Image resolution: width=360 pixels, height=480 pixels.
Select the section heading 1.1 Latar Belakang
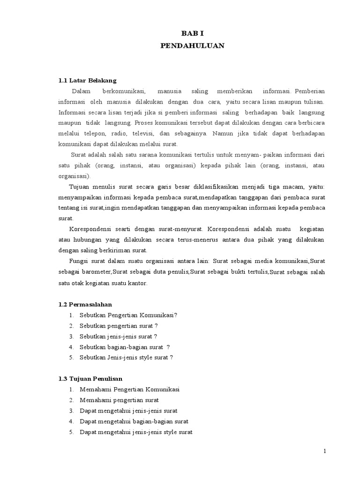pos(87,80)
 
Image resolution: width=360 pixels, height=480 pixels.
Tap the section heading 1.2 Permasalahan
pos(85,304)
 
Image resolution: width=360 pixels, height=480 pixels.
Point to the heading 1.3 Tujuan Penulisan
pos(90,378)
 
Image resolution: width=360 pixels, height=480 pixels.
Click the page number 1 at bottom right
pos(324,451)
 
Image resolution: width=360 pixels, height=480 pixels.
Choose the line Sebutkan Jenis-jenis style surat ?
pos(127,357)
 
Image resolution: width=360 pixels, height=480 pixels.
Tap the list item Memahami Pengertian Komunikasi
pos(130,389)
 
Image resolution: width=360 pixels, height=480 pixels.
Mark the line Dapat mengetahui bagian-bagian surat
pos(134,421)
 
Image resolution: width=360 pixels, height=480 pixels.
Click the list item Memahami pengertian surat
pos(119,400)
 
